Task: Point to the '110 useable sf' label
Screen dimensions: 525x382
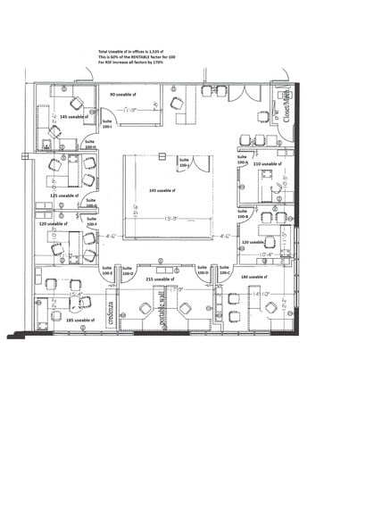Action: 267,164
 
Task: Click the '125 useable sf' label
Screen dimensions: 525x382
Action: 64,195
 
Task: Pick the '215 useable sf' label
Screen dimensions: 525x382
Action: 158,279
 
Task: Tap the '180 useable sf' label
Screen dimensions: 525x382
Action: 254,278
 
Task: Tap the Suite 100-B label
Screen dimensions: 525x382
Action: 242,214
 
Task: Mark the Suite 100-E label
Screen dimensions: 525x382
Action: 106,270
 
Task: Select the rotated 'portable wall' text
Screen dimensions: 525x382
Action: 162,310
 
